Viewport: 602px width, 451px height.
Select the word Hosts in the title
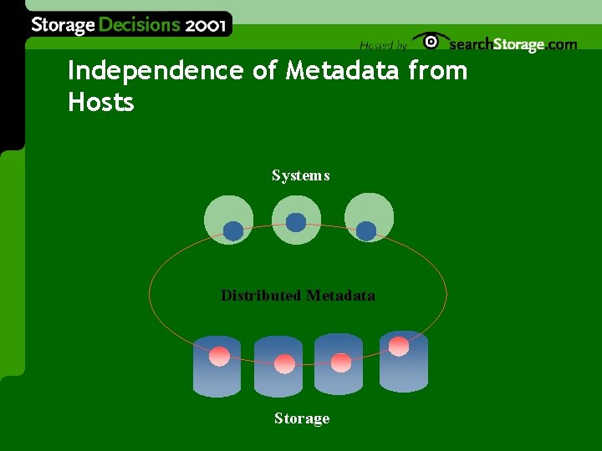[x=100, y=104]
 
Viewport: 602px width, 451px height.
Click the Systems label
[x=300, y=175]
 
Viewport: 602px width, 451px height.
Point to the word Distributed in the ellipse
[x=261, y=295]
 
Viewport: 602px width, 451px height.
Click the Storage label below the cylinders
[x=301, y=418]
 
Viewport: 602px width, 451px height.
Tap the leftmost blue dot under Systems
[x=233, y=231]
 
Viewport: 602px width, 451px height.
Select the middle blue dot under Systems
[x=296, y=222]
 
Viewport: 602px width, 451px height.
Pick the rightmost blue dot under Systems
[x=366, y=231]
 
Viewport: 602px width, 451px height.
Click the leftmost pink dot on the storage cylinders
[x=220, y=356]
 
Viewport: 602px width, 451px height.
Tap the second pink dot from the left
[x=284, y=363]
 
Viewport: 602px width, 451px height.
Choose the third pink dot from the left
[x=341, y=362]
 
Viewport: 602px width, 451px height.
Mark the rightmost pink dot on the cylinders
[x=399, y=346]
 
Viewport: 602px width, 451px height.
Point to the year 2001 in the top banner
[x=205, y=24]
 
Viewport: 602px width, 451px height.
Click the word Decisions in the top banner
[x=140, y=24]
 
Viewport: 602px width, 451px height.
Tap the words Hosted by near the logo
[x=383, y=45]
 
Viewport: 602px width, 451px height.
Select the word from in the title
[x=438, y=72]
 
